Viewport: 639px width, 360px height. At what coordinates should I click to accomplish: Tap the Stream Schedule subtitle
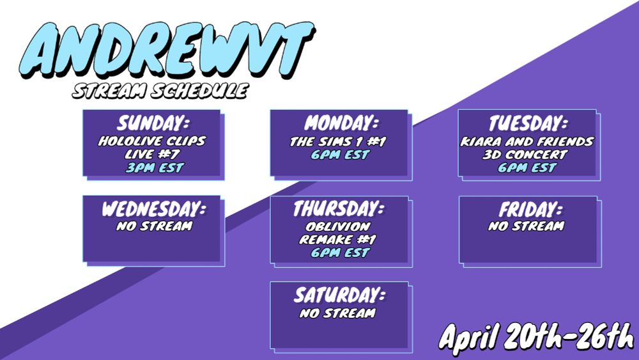point(160,91)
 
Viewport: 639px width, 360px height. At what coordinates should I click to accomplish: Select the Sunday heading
point(153,123)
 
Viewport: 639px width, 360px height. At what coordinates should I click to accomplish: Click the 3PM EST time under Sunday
point(155,168)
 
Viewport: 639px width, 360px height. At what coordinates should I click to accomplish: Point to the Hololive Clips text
point(152,141)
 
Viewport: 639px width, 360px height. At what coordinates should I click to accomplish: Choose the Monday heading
point(341,123)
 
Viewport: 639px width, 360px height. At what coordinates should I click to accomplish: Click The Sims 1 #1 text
point(338,141)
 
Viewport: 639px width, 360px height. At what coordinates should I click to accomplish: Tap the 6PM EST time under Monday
point(341,155)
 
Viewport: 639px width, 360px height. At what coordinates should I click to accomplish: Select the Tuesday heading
point(528,123)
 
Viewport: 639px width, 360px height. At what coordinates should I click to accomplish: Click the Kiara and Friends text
point(527,141)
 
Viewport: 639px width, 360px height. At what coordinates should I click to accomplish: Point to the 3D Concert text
point(525,155)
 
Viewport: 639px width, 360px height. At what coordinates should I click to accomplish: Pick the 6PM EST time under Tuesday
point(527,168)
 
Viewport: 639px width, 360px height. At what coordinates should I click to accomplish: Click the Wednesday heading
point(153,210)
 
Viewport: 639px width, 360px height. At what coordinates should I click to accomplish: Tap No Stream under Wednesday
point(155,226)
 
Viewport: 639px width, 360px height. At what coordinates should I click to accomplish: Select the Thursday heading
point(339,210)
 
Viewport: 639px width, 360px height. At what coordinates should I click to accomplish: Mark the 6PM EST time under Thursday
point(341,253)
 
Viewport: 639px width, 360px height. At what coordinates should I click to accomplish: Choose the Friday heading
point(530,210)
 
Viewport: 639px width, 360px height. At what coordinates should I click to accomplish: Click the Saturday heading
point(339,295)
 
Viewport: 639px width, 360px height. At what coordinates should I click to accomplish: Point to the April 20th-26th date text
point(537,338)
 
